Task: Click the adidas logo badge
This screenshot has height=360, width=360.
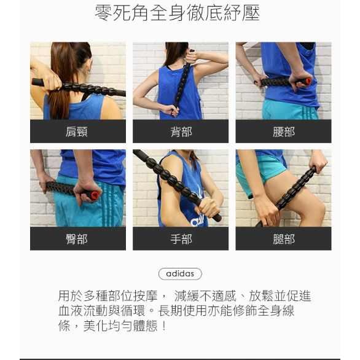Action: tap(180, 273)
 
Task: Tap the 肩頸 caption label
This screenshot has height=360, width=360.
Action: tap(76, 132)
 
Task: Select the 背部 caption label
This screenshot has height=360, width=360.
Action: tap(181, 132)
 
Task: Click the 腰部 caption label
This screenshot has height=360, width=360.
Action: tap(284, 132)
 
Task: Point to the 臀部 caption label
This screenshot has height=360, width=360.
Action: tap(76, 239)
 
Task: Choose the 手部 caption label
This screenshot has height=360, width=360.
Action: tap(181, 239)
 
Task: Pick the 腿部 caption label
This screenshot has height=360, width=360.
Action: tap(284, 239)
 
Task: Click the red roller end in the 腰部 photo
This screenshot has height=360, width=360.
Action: tap(308, 81)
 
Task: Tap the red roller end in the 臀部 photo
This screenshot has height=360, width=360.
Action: tap(95, 195)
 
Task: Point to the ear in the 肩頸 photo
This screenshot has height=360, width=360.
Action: tap(89, 67)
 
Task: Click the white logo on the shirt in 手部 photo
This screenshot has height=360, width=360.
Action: tap(197, 220)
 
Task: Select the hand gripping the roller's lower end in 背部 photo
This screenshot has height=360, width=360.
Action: tap(172, 110)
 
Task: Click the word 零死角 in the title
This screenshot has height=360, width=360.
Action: tap(122, 13)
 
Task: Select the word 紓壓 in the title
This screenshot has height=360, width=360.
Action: tap(241, 13)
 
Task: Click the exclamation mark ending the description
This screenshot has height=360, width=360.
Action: tap(163, 326)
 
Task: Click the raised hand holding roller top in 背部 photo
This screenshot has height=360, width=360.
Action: tap(192, 57)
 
